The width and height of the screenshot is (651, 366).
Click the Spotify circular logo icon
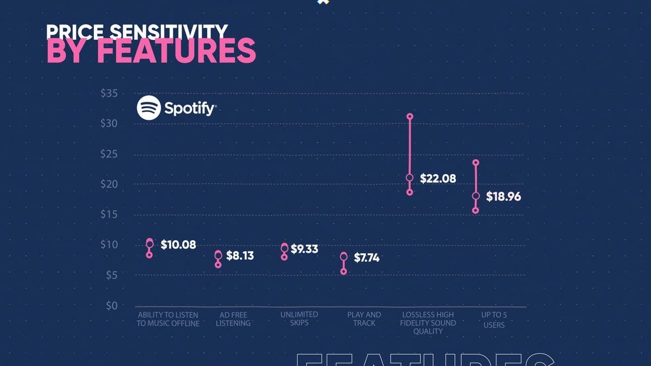coord(149,108)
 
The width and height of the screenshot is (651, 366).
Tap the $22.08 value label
coord(438,178)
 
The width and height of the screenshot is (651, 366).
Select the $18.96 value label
coord(503,197)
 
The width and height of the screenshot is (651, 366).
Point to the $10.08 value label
coord(178,245)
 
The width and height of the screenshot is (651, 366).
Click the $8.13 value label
coord(240,255)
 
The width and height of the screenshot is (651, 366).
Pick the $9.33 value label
coord(304,249)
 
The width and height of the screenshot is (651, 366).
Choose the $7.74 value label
coord(366,258)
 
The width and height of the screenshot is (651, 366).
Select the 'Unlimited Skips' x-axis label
coord(299,319)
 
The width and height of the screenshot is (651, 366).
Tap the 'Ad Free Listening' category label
coord(233,319)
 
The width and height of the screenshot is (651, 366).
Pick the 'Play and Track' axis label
coord(364,319)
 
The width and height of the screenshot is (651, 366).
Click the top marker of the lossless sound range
coord(410,117)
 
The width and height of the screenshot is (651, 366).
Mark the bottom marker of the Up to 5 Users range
coord(475,210)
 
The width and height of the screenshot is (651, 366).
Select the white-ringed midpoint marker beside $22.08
coord(410,178)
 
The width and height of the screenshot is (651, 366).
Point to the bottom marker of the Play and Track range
coord(343,272)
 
